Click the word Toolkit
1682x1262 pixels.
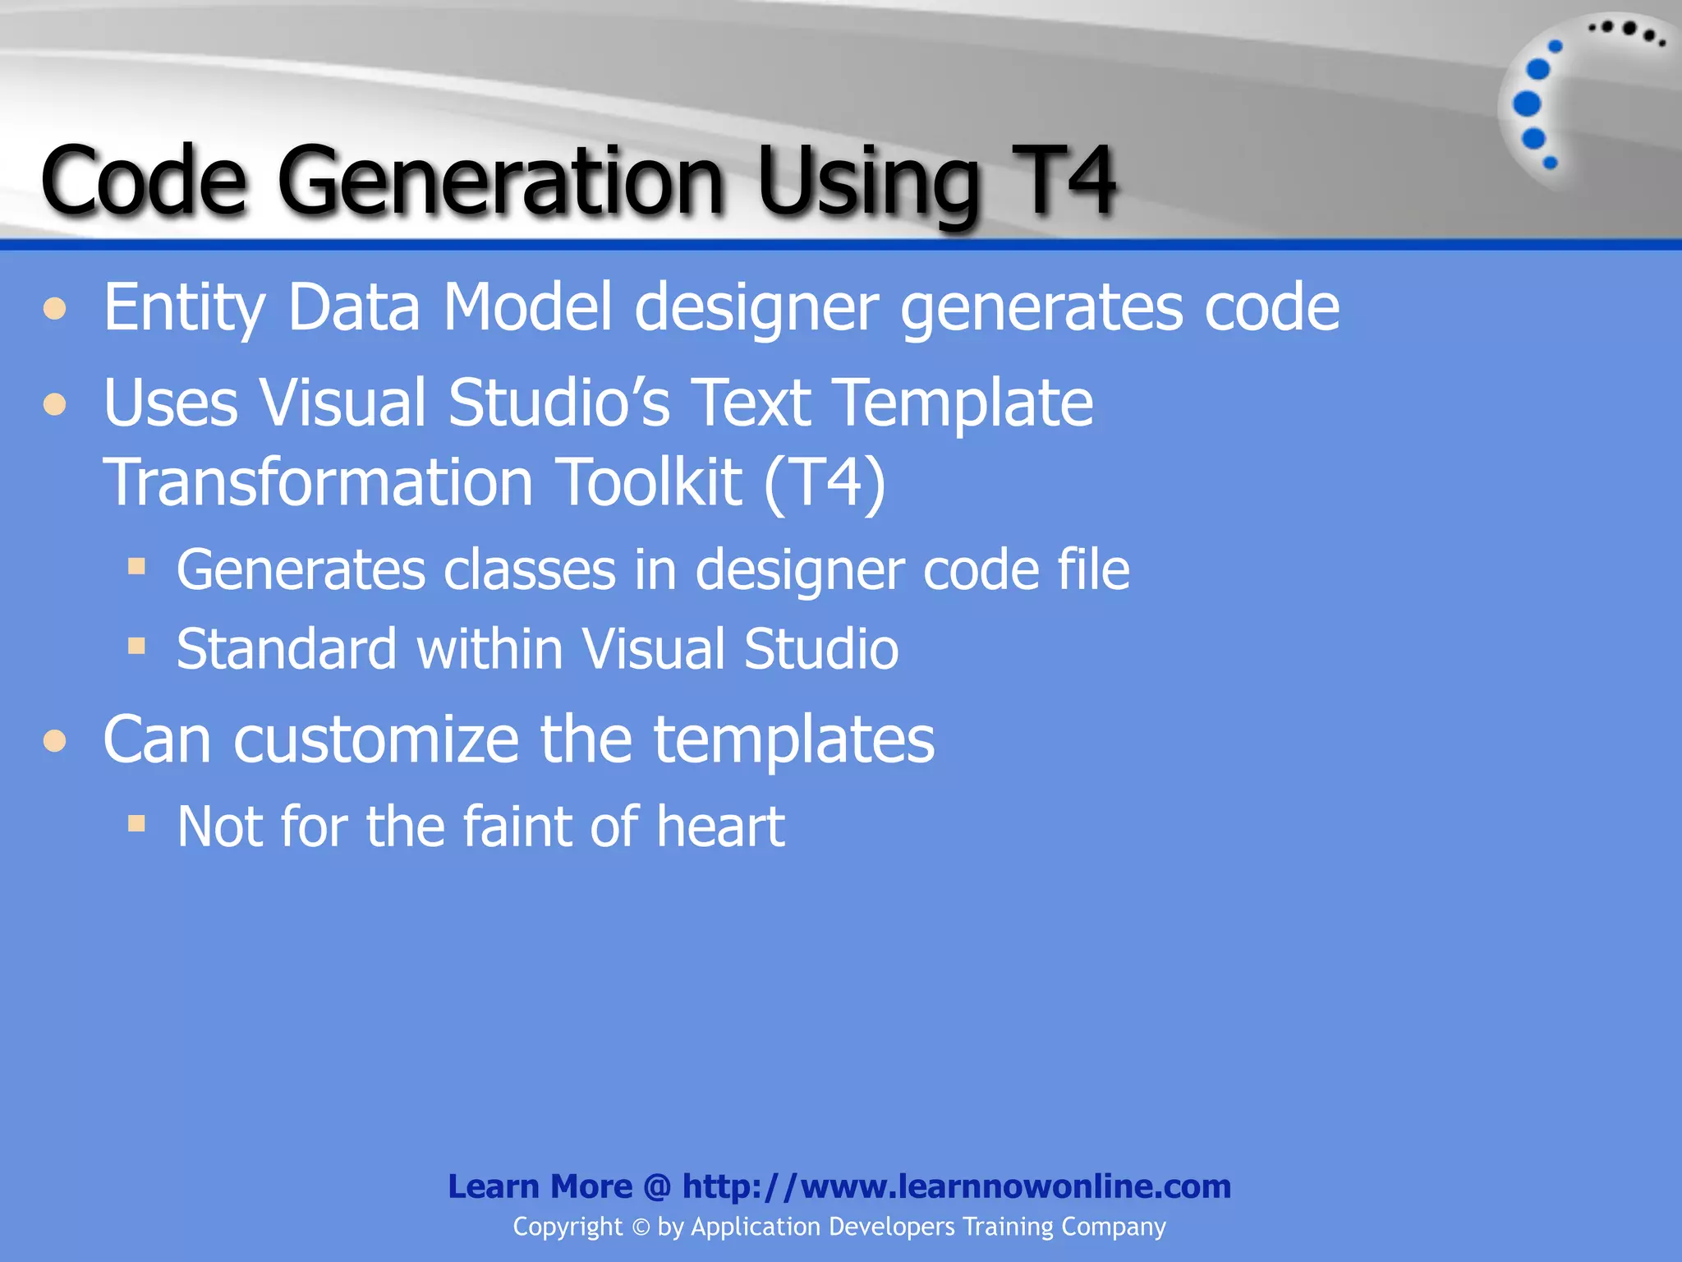649,482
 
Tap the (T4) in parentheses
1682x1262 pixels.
825,483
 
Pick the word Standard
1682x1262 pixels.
287,649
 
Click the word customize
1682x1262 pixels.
376,739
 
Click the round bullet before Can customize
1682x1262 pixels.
55,741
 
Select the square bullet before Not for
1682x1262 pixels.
136,823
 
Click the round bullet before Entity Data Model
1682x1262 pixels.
55,309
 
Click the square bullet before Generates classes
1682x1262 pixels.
136,566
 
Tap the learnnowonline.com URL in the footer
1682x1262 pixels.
956,1186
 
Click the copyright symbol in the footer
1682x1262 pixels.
641,1227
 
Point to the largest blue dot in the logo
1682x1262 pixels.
1527,104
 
